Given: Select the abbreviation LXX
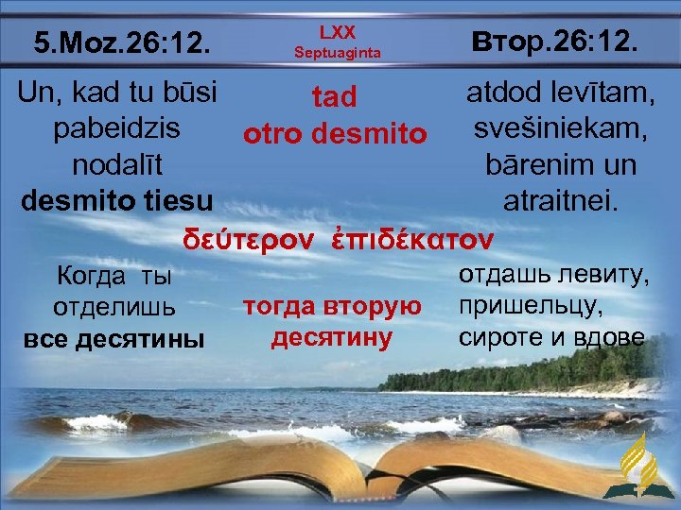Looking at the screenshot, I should pyautogui.click(x=337, y=33).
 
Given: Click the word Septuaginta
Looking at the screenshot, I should pyautogui.click(x=337, y=54).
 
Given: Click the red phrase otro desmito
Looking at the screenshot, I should pyautogui.click(x=336, y=134).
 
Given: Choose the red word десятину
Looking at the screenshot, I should pyautogui.click(x=332, y=336).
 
